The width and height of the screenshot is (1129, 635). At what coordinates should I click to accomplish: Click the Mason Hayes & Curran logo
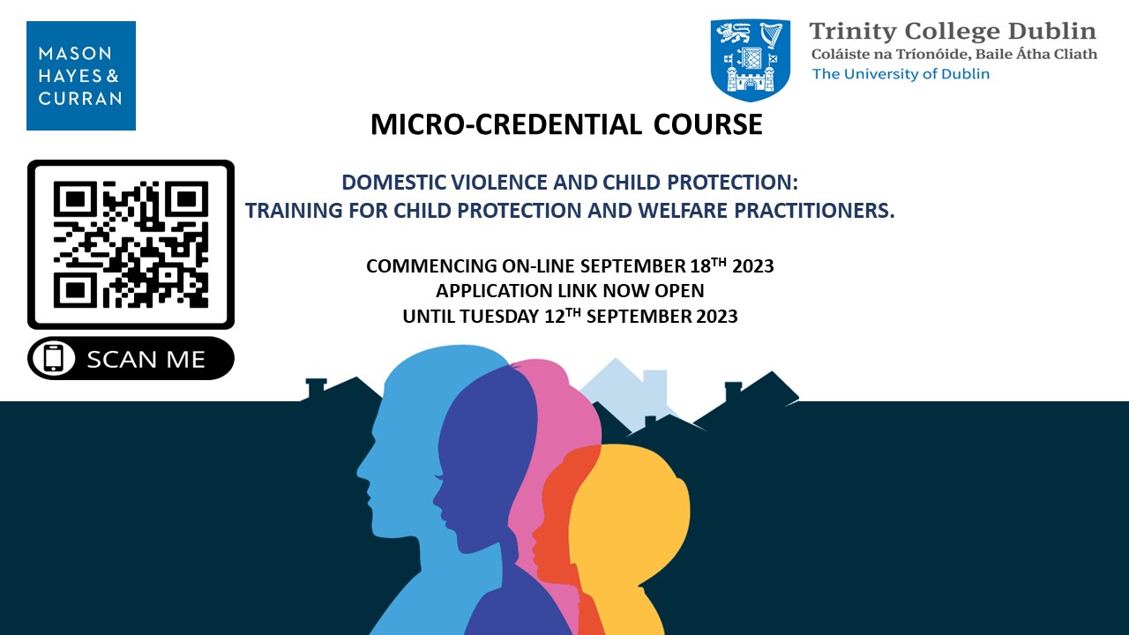click(x=81, y=76)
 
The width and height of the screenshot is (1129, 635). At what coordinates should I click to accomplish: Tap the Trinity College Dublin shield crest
click(x=750, y=59)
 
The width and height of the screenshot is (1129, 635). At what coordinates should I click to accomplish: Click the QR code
click(x=131, y=244)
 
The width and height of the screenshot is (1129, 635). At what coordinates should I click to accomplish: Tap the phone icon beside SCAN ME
click(x=54, y=358)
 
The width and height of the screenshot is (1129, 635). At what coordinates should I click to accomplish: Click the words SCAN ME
click(x=146, y=359)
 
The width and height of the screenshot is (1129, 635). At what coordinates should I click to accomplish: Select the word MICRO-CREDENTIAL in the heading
click(x=506, y=124)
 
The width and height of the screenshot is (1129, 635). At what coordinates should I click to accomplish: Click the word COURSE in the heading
click(x=707, y=124)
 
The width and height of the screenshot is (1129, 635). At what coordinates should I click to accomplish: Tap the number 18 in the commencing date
click(x=700, y=266)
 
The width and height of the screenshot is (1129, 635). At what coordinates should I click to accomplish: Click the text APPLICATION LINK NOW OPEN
click(x=570, y=291)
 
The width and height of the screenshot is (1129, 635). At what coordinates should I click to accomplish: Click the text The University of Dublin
click(x=901, y=74)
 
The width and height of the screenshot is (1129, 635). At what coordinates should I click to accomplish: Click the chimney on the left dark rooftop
click(x=316, y=389)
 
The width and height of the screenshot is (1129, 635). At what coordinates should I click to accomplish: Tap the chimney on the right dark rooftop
click(x=733, y=393)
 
